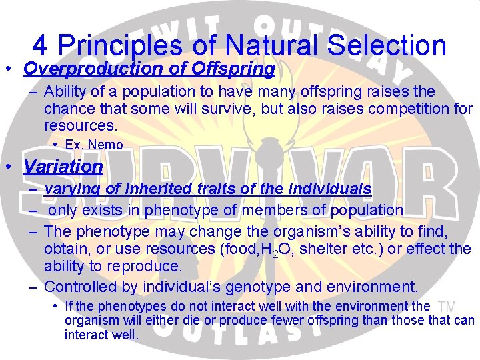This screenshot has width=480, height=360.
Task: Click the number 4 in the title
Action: [x=40, y=45]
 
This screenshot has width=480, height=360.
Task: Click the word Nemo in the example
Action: [x=105, y=145]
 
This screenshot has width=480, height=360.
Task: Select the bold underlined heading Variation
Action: [x=63, y=165]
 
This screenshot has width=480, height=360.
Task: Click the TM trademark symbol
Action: [x=447, y=306]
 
